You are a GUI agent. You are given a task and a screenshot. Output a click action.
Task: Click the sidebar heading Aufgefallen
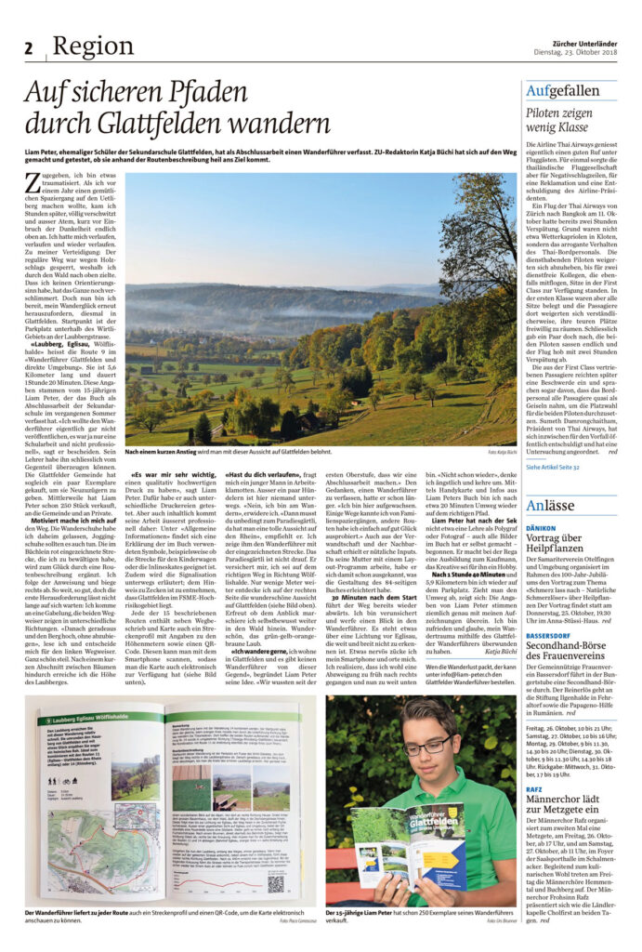coord(562,91)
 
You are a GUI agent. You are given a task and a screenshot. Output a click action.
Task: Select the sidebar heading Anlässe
coord(550,505)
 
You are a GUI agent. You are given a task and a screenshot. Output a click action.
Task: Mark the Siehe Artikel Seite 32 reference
coord(553,467)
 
